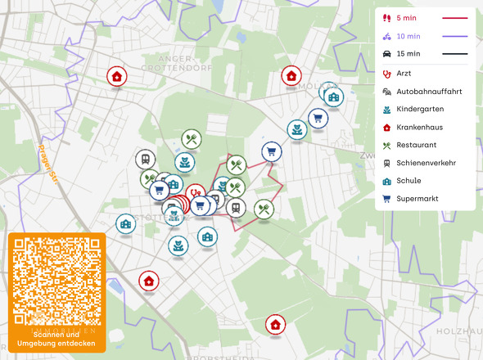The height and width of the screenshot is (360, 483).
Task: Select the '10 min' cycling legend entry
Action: click(409, 36)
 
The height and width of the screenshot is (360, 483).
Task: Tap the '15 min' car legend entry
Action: click(409, 54)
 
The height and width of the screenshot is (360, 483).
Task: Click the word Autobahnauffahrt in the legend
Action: click(430, 92)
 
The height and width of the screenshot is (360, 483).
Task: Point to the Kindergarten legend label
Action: click(419, 109)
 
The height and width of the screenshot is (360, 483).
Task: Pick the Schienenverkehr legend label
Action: click(426, 163)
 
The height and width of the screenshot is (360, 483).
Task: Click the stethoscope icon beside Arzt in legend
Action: click(386, 74)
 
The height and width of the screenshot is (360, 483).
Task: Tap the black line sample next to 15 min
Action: click(454, 54)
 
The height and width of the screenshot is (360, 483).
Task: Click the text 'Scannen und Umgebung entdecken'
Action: click(56, 339)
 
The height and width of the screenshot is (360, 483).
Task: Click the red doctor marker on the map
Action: click(195, 193)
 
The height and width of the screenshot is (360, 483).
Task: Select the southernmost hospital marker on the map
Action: click(276, 325)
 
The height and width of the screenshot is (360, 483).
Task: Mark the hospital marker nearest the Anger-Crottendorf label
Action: click(117, 77)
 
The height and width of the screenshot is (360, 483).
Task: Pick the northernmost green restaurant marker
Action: click(192, 139)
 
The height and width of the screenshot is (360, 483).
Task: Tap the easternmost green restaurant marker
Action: click(264, 209)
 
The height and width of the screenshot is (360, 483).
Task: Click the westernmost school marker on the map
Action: click(125, 223)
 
